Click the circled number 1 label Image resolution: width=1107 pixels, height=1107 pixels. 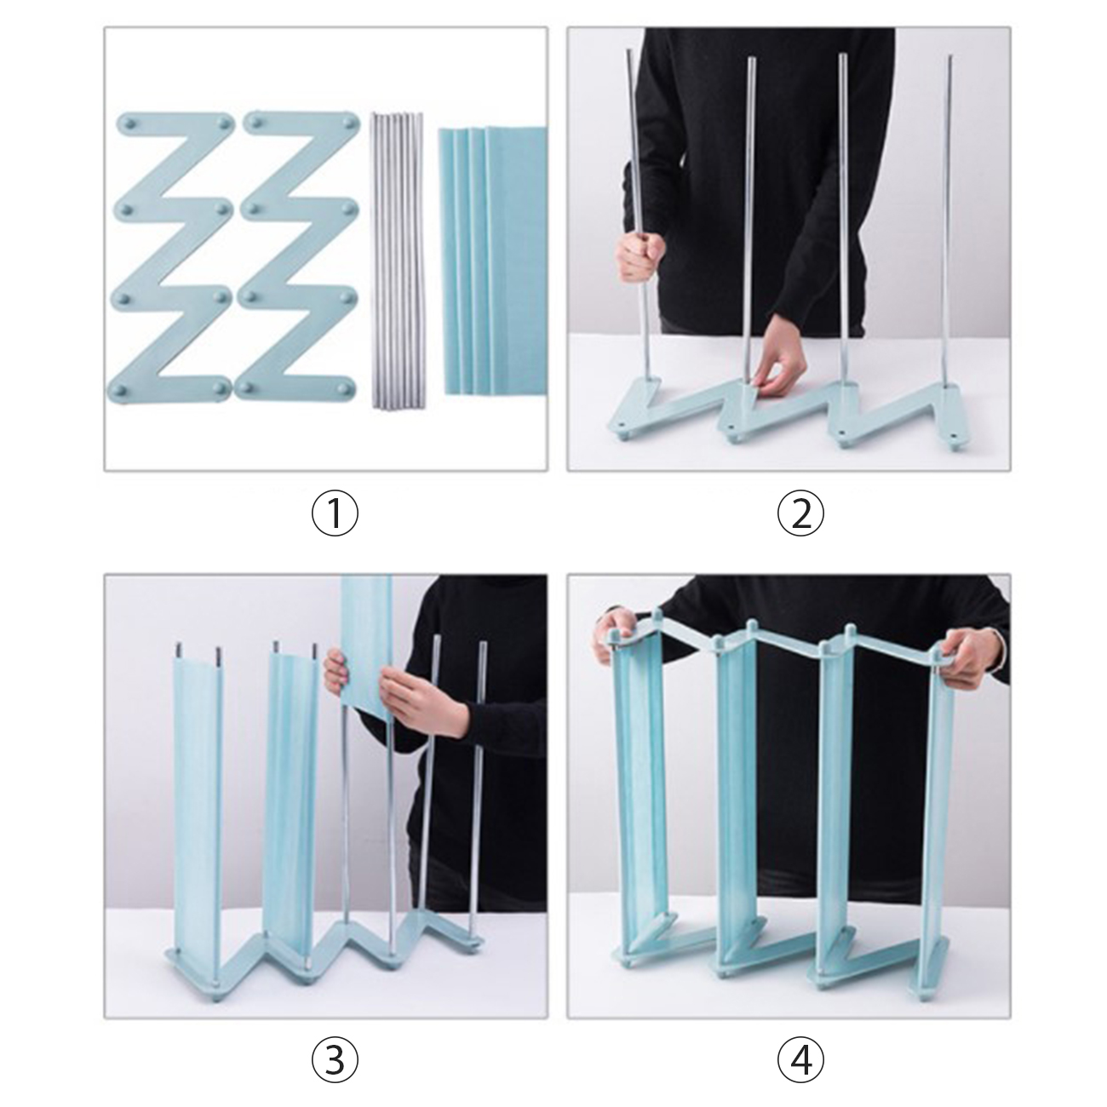tap(335, 513)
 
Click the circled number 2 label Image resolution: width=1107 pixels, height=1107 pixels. tap(800, 513)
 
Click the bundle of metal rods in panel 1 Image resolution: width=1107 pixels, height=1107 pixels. tap(397, 261)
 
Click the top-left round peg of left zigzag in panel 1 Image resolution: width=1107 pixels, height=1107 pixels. tap(128, 123)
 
